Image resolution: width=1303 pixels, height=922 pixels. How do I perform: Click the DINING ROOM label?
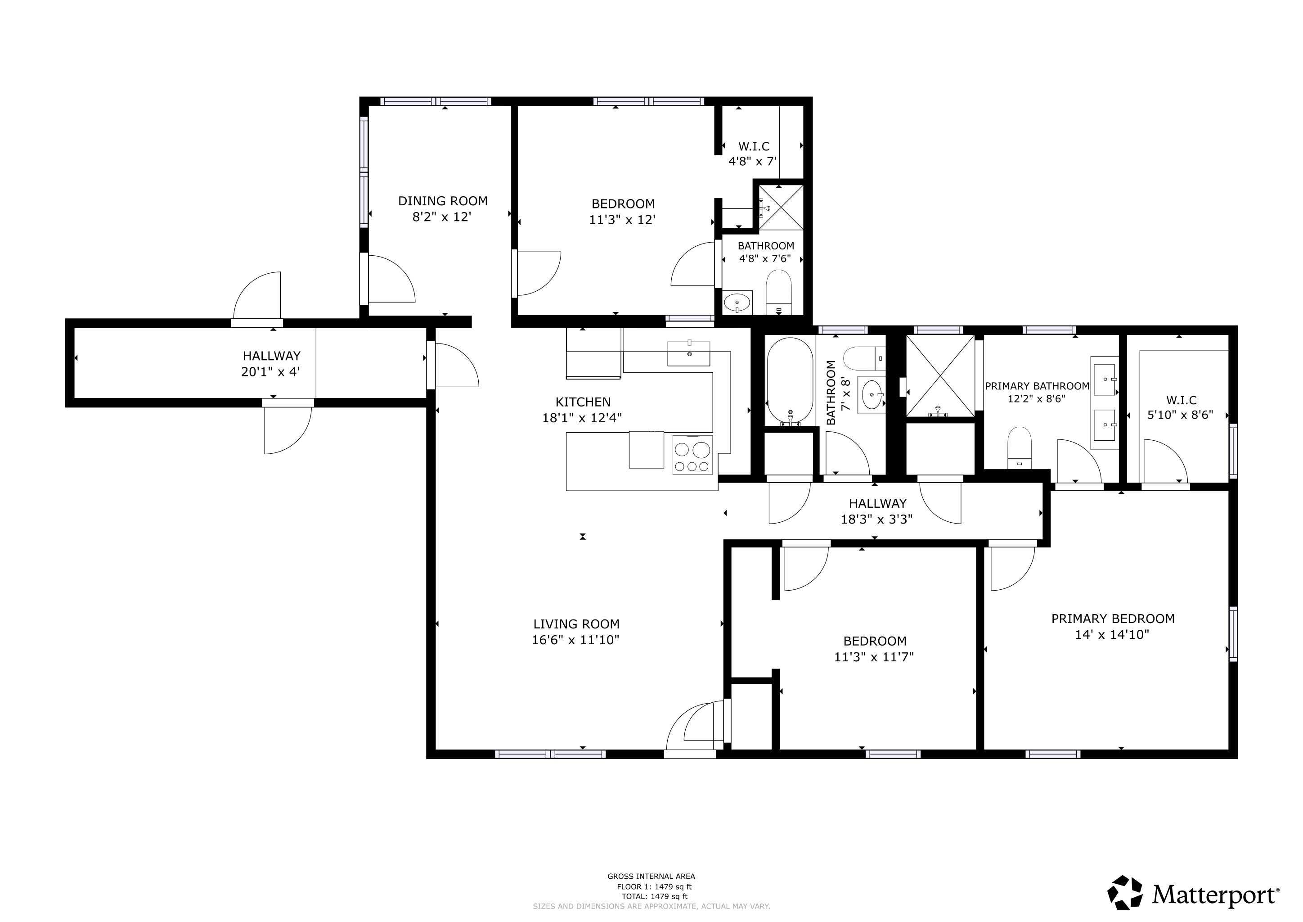(443, 201)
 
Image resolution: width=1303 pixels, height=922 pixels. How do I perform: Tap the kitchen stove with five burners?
(692, 455)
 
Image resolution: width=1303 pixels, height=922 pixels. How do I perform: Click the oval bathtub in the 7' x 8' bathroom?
(790, 381)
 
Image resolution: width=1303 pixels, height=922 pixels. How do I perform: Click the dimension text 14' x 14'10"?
(1112, 635)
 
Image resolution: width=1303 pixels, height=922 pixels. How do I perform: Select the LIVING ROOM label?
(576, 624)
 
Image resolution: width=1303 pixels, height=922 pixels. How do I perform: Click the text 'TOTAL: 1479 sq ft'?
(654, 896)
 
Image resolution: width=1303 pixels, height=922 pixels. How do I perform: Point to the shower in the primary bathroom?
(940, 376)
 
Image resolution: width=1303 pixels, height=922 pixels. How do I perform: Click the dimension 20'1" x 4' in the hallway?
(271, 372)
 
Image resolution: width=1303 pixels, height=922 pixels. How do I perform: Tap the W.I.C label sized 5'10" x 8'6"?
(1181, 400)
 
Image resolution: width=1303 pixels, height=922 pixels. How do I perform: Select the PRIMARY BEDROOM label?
(1112, 619)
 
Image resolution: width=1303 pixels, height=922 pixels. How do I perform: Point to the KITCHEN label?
(583, 402)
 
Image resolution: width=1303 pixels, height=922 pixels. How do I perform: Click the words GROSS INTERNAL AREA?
(651, 877)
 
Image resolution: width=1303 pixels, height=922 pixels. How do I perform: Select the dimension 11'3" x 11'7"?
(873, 657)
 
